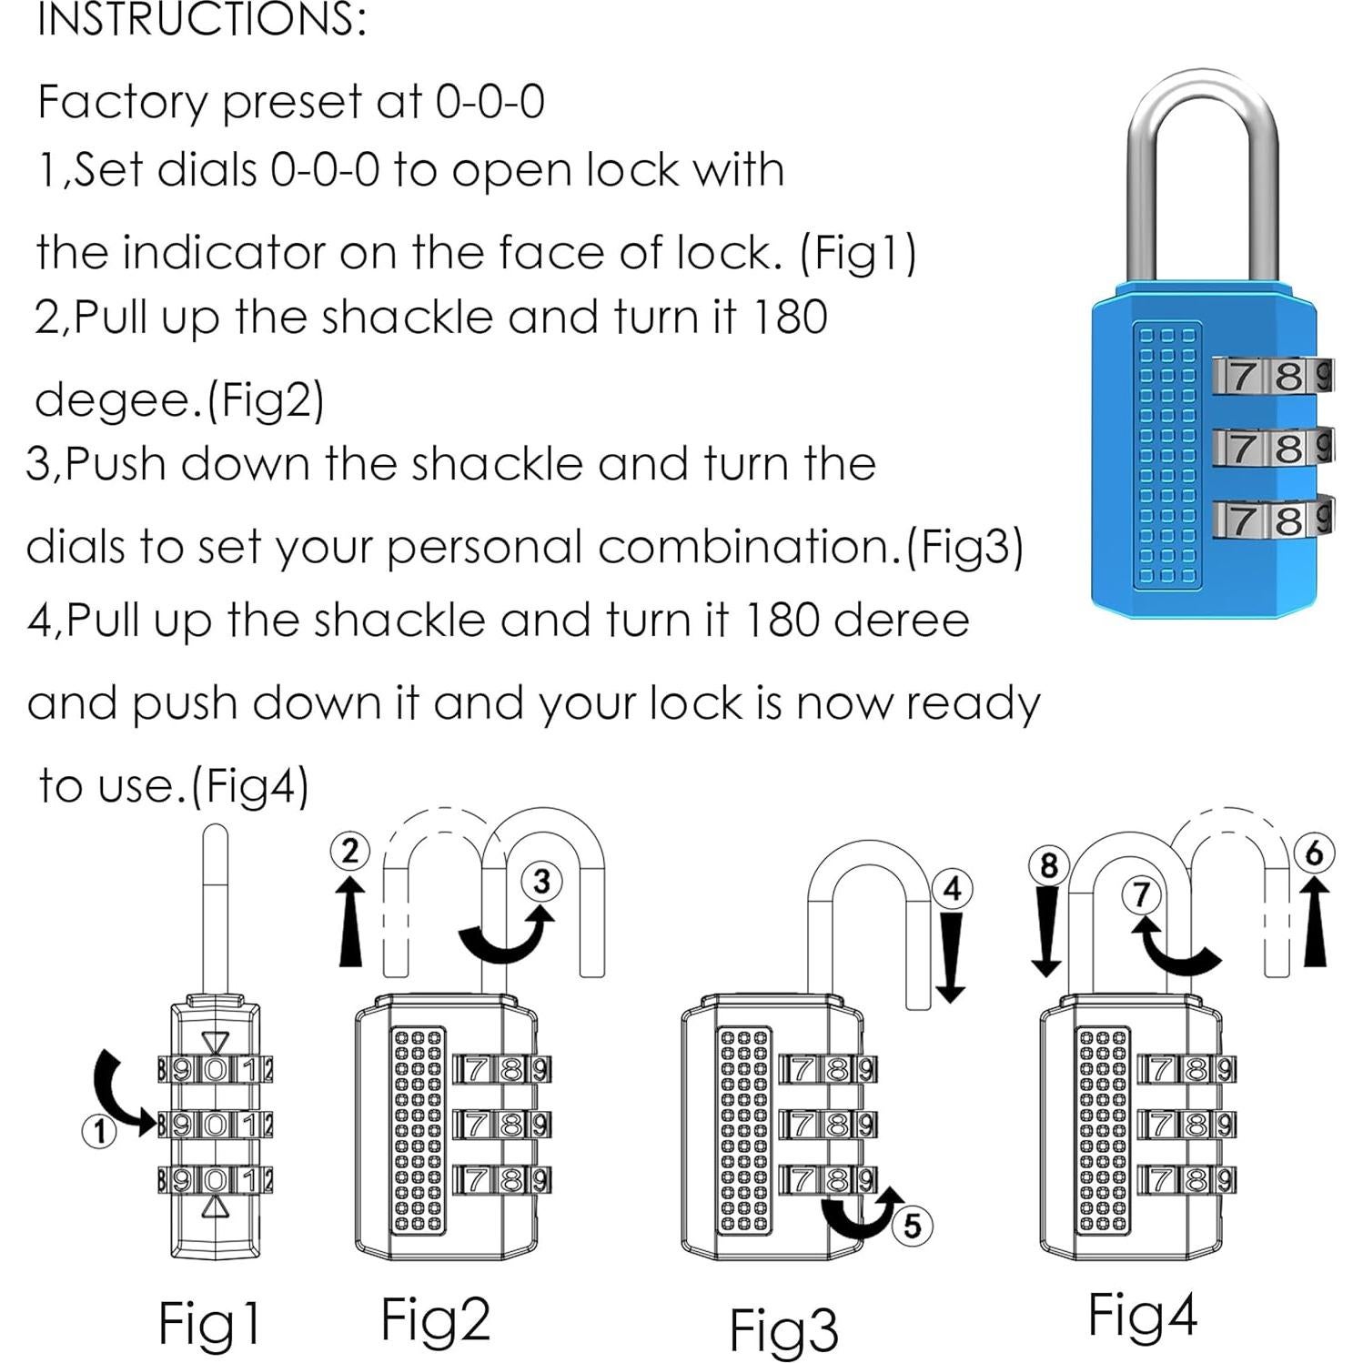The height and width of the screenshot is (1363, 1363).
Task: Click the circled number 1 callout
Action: pyautogui.click(x=100, y=1133)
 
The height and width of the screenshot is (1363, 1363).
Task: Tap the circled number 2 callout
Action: pyautogui.click(x=350, y=852)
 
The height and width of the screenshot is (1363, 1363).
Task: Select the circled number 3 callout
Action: pyautogui.click(x=541, y=881)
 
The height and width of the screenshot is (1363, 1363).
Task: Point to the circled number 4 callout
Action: pyautogui.click(x=953, y=888)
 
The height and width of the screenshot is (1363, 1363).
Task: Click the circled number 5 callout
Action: pyautogui.click(x=913, y=1226)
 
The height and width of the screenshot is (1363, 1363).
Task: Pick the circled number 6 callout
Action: pyautogui.click(x=1314, y=853)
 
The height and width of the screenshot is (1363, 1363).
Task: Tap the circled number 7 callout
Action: pyautogui.click(x=1141, y=894)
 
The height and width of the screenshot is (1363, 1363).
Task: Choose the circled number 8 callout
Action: pyautogui.click(x=1048, y=864)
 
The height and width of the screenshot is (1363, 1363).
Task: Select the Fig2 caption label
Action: pyautogui.click(x=435, y=1318)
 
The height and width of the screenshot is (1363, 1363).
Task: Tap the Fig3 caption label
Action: pyautogui.click(x=783, y=1329)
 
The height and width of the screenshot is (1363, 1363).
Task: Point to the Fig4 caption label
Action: pyautogui.click(x=1142, y=1315)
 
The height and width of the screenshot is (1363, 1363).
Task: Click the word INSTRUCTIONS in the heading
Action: pyautogui.click(x=201, y=20)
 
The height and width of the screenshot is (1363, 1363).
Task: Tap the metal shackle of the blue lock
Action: pyautogui.click(x=1203, y=164)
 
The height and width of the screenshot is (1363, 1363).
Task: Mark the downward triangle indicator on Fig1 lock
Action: pyautogui.click(x=216, y=1042)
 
